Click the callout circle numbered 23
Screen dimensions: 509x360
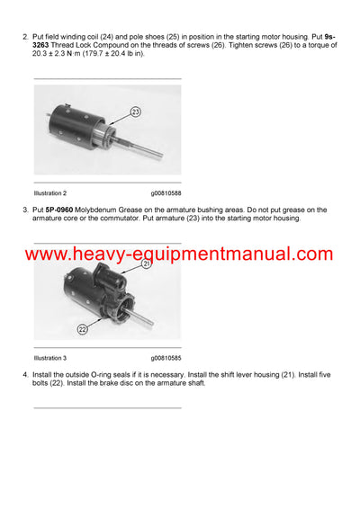pos(136,112)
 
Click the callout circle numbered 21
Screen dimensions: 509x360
pos(147,263)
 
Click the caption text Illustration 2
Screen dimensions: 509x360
pos(50,192)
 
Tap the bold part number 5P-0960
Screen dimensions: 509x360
pos(64,210)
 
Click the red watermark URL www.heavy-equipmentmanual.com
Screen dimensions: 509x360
pos(179,254)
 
